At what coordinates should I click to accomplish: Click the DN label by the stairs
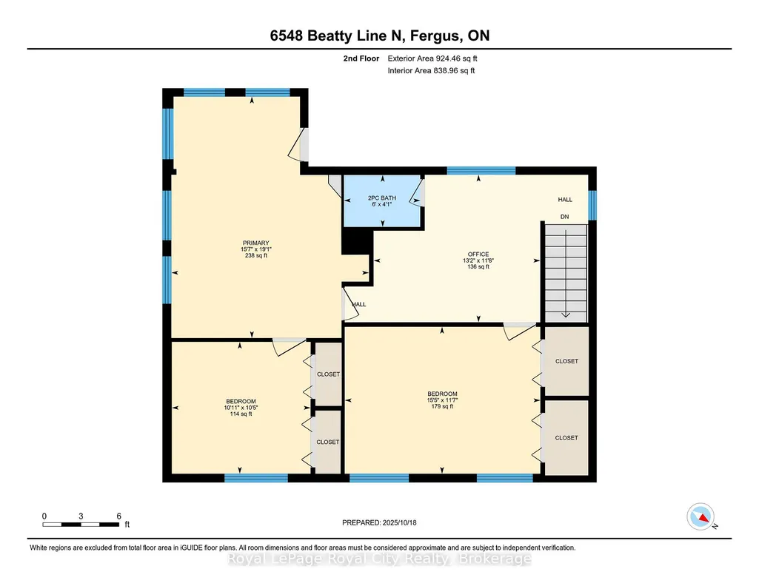click(564, 217)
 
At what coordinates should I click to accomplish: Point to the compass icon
click(701, 516)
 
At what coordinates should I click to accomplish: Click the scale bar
click(81, 524)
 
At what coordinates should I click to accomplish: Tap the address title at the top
click(379, 36)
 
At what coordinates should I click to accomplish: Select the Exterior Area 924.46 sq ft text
click(432, 58)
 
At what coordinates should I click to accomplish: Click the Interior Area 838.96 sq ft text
click(431, 70)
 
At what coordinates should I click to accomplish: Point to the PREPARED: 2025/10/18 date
click(379, 522)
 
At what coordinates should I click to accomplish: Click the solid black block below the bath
click(357, 241)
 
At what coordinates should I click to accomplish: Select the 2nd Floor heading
click(361, 58)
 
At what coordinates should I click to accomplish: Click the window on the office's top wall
click(481, 170)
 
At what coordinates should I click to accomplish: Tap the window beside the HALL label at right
click(592, 205)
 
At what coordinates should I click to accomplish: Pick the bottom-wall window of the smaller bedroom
click(256, 478)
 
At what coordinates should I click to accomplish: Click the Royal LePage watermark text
click(379, 559)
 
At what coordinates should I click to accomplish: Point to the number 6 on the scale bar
click(118, 516)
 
